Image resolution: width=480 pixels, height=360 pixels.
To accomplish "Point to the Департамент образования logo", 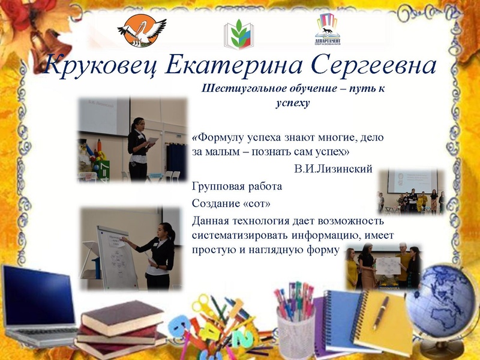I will tap(327, 30).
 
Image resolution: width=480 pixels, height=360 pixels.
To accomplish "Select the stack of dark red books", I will tap(120, 327).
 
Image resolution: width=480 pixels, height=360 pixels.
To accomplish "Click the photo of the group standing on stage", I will tap(411, 192).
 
